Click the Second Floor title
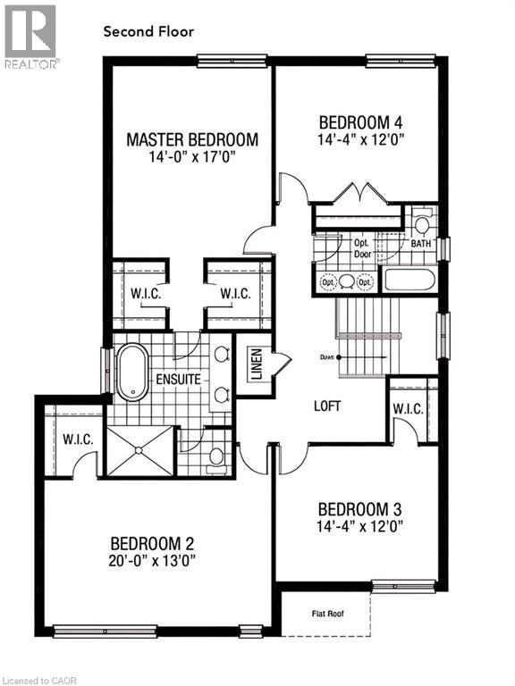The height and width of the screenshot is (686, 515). point(148,31)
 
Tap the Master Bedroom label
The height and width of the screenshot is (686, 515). point(192,139)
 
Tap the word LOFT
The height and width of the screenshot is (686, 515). point(327,406)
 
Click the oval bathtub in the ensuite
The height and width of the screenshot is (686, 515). point(132,372)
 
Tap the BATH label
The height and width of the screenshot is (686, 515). point(420,242)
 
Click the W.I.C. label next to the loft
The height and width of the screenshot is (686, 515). point(408,408)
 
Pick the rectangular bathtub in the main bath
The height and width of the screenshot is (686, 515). point(409,280)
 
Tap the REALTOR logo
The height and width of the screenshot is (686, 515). point(30,37)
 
